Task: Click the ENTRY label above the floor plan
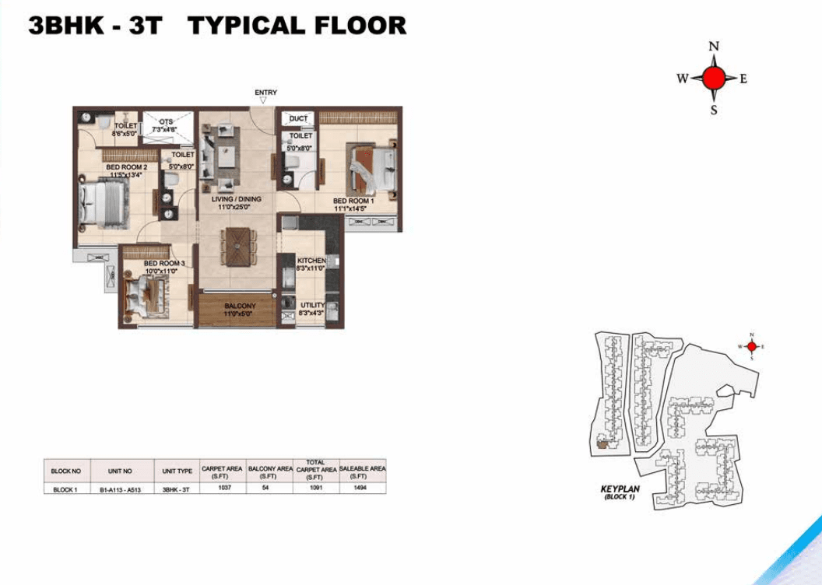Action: pos(265,93)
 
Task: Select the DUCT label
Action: pos(298,118)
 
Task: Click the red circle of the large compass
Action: pos(714,78)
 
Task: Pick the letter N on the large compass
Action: pos(714,47)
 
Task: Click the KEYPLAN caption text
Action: pos(620,489)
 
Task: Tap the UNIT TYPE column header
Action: pos(177,471)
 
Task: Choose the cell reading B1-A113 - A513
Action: pos(121,489)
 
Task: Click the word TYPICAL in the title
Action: pos(246,25)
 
